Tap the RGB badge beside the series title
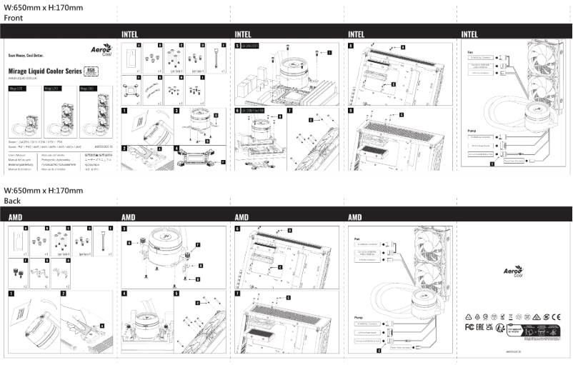click(x=91, y=70)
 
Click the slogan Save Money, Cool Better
click(x=29, y=54)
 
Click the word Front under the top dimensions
click(x=14, y=17)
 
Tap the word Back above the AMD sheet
click(x=13, y=201)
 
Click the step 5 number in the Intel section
click(x=237, y=45)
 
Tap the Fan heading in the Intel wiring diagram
click(x=470, y=52)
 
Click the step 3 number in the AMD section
click(x=124, y=229)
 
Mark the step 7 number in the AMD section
click(x=237, y=294)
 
